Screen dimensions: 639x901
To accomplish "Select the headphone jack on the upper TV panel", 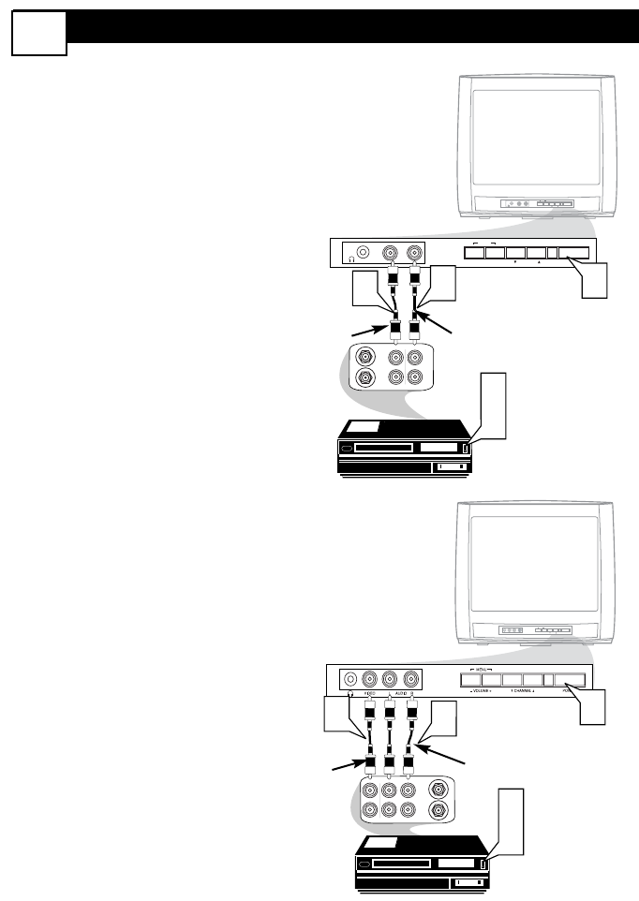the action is [367, 253].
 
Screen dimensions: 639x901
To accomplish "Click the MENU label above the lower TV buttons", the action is [483, 671].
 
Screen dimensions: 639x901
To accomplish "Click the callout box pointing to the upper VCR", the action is [494, 403].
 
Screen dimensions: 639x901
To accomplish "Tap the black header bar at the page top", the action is [352, 26].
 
